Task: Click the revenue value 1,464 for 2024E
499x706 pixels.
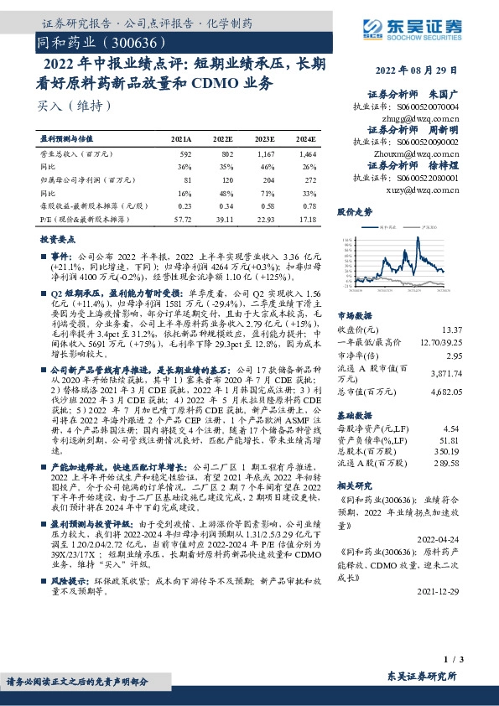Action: coord(306,154)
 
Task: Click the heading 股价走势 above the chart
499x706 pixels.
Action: coord(354,212)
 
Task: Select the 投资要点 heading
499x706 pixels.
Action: coord(55,239)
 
